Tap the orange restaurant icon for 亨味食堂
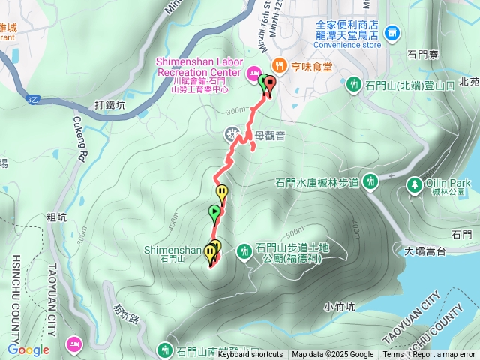[x=278, y=64]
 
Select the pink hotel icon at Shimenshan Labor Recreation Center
[x=253, y=72]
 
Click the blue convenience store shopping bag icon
[x=392, y=33]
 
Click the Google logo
[x=28, y=349]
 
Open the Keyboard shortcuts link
[x=250, y=355]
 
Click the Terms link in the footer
[x=393, y=355]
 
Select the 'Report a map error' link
[x=444, y=355]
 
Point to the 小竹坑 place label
[x=340, y=305]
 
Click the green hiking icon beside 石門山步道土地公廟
[x=245, y=251]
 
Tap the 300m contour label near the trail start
[x=235, y=110]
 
